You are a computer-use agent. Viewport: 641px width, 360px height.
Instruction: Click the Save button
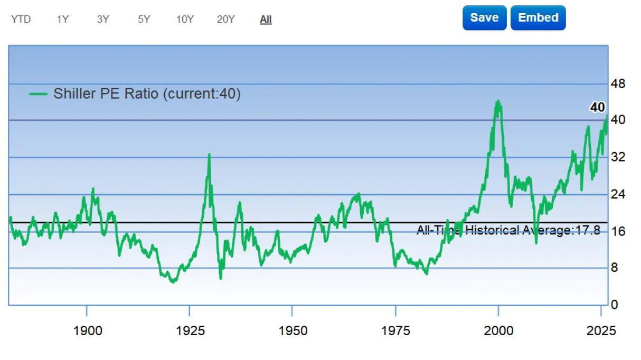pos(485,18)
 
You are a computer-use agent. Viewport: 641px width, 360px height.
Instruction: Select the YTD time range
pos(21,20)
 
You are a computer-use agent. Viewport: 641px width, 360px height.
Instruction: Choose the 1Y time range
pos(63,20)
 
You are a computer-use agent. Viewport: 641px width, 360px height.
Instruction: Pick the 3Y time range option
pos(103,20)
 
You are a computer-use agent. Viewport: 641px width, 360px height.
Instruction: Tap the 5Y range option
pos(144,20)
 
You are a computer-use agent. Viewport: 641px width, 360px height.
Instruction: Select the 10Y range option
pos(185,20)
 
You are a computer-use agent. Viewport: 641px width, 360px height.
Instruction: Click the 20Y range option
pos(226,20)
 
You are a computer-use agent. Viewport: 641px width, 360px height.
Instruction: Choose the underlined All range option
pos(266,20)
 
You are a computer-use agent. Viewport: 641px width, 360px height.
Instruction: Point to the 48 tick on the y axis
pos(618,84)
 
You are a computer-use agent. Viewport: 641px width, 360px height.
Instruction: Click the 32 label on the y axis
pos(618,157)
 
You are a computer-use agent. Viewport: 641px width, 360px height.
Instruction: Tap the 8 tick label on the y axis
pos(615,268)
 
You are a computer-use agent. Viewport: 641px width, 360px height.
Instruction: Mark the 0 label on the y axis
pos(615,305)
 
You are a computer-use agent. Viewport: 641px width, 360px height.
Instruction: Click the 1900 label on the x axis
pos(88,331)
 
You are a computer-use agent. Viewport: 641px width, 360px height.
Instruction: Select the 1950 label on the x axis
pos(293,331)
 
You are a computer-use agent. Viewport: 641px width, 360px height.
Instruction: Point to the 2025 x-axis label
pos(601,331)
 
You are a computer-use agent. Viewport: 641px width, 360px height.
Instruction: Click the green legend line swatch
pos(38,94)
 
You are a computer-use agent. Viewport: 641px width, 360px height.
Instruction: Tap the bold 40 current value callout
pos(598,107)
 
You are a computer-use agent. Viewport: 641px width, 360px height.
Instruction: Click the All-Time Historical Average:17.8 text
pos(508,230)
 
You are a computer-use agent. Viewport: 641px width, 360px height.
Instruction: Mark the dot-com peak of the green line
pos(498,101)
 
